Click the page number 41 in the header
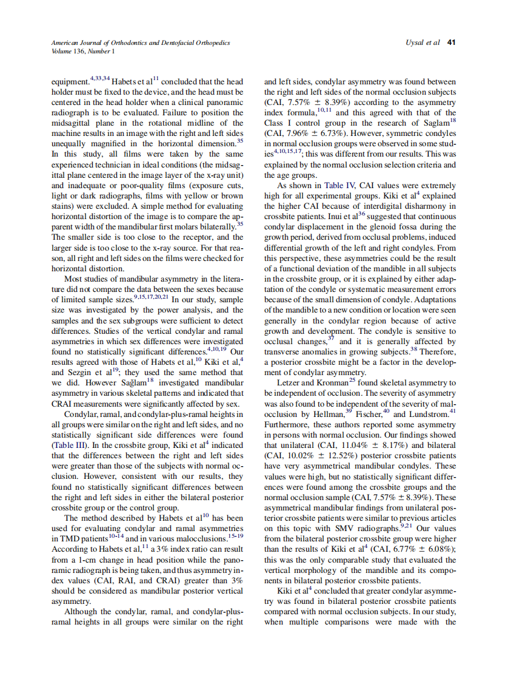451,43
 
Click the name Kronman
331,383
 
